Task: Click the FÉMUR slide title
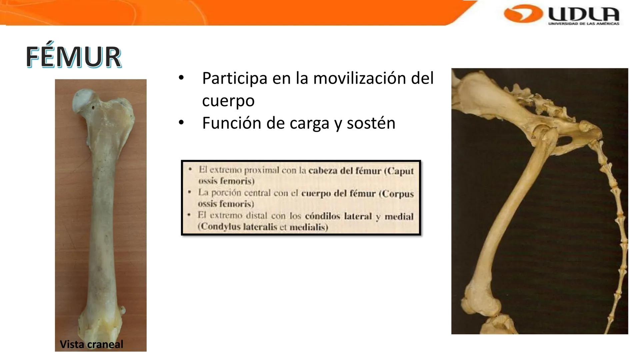point(73,57)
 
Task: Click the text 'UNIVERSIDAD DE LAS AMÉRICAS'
point(584,24)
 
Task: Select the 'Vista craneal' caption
point(91,344)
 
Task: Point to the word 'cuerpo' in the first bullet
point(228,101)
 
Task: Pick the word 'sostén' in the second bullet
point(371,123)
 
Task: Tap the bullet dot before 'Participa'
point(181,78)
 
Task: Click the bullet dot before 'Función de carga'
point(181,123)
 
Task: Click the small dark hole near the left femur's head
point(93,108)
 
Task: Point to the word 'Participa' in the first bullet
point(235,79)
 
